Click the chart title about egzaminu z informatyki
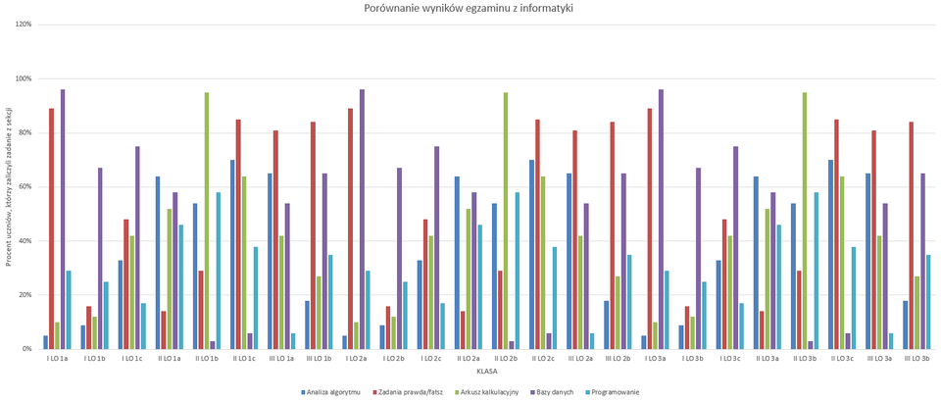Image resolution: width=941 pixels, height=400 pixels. (469, 8)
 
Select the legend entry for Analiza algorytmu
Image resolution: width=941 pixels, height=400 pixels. (331, 391)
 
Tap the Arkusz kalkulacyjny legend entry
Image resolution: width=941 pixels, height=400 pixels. (484, 391)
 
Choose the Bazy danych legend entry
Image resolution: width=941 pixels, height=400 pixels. (556, 391)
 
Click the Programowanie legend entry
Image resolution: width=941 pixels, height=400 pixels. (616, 391)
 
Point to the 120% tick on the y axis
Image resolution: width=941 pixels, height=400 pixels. (24, 24)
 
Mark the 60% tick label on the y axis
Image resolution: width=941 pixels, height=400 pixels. (25, 186)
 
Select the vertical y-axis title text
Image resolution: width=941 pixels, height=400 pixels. (8, 186)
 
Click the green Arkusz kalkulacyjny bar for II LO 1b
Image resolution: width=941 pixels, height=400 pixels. (207, 221)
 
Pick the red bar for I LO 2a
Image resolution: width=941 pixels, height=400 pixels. (351, 228)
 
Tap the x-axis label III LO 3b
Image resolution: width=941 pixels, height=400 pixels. (916, 359)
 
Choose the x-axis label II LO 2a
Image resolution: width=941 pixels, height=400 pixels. (467, 359)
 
